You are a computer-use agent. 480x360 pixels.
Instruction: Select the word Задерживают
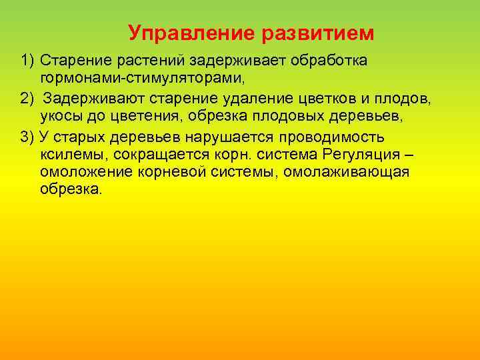point(87,99)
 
